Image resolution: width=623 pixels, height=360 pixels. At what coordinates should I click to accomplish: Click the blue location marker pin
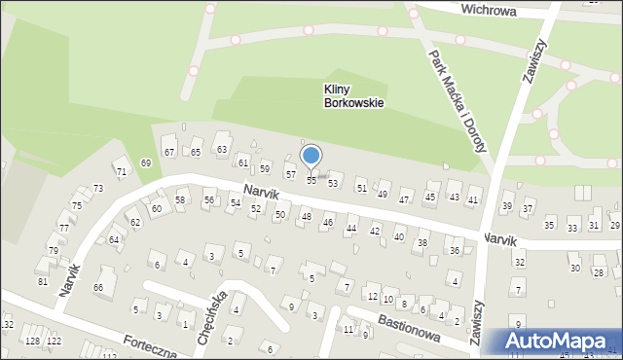click(311, 157)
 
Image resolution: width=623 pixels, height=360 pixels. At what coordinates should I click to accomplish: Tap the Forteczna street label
click(150, 343)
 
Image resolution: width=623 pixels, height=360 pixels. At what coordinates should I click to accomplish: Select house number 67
click(168, 153)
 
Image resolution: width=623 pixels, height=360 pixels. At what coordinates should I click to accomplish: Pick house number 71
click(122, 171)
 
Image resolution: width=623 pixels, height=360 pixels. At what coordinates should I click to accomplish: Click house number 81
click(42, 281)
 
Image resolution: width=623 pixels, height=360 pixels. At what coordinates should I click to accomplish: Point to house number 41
click(473, 199)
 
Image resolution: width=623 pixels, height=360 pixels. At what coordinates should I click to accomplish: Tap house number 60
click(156, 209)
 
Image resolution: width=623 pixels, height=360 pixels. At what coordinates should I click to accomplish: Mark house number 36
click(454, 251)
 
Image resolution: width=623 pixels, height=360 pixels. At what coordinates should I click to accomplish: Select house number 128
click(32, 341)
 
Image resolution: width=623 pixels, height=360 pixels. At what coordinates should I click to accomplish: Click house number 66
click(97, 287)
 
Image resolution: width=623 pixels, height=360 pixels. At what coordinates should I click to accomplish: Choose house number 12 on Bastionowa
click(373, 296)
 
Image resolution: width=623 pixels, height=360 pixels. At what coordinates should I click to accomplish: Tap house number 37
click(528, 209)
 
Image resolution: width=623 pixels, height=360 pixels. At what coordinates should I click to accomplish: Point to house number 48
click(306, 216)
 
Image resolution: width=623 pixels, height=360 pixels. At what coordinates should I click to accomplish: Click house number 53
click(333, 183)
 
